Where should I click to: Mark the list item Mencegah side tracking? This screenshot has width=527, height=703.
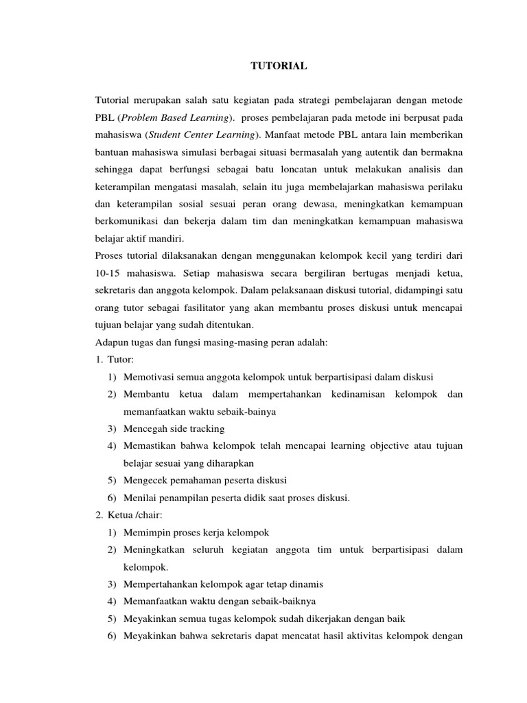(x=174, y=428)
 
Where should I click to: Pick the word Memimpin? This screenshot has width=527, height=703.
(x=147, y=533)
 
